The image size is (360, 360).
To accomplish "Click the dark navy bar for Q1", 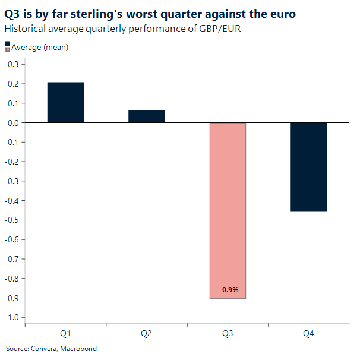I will pyautogui.click(x=65, y=102).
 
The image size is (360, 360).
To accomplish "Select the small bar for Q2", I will pyautogui.click(x=147, y=116).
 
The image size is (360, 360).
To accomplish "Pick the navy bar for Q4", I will pyautogui.click(x=309, y=167).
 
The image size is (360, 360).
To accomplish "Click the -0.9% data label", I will pyautogui.click(x=228, y=290).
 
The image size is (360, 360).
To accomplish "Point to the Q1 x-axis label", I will pyautogui.click(x=65, y=334).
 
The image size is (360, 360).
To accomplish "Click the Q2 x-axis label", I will pyautogui.click(x=147, y=334).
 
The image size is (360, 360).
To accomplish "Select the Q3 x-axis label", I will pyautogui.click(x=228, y=334).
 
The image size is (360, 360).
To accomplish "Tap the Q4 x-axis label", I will pyautogui.click(x=309, y=334).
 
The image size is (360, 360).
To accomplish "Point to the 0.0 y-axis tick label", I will pyautogui.click(x=12, y=123).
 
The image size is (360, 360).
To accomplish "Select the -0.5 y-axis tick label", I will pyautogui.click(x=11, y=220).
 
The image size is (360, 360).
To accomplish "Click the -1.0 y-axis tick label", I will pyautogui.click(x=11, y=317).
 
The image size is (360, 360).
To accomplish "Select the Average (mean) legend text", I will pyautogui.click(x=40, y=48).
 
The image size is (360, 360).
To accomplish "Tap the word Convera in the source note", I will pyautogui.click(x=41, y=349).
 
